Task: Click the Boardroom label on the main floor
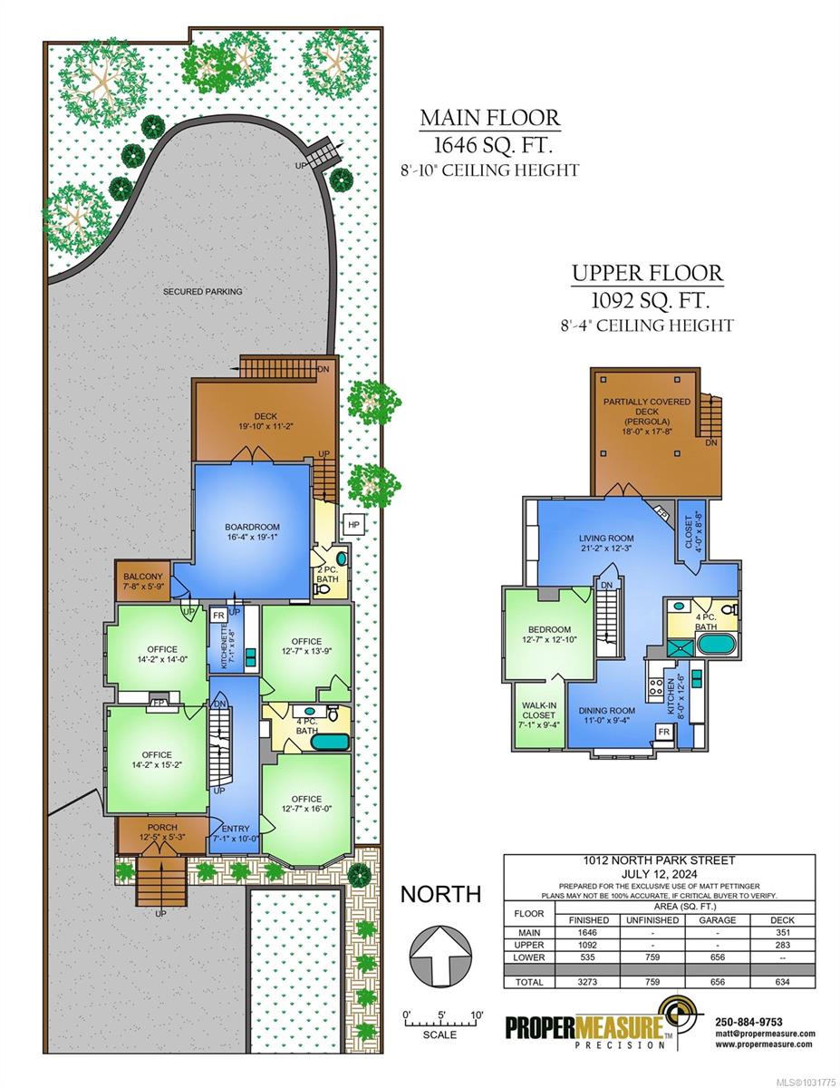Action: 252,527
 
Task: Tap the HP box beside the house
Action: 353,525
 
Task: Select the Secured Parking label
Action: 203,291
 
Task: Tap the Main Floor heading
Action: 490,118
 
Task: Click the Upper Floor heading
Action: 647,274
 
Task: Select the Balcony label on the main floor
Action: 143,577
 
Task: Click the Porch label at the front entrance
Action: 162,828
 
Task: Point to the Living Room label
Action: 606,539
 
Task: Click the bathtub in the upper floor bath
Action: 716,644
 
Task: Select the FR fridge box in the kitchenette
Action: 218,615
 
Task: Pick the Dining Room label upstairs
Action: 607,711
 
